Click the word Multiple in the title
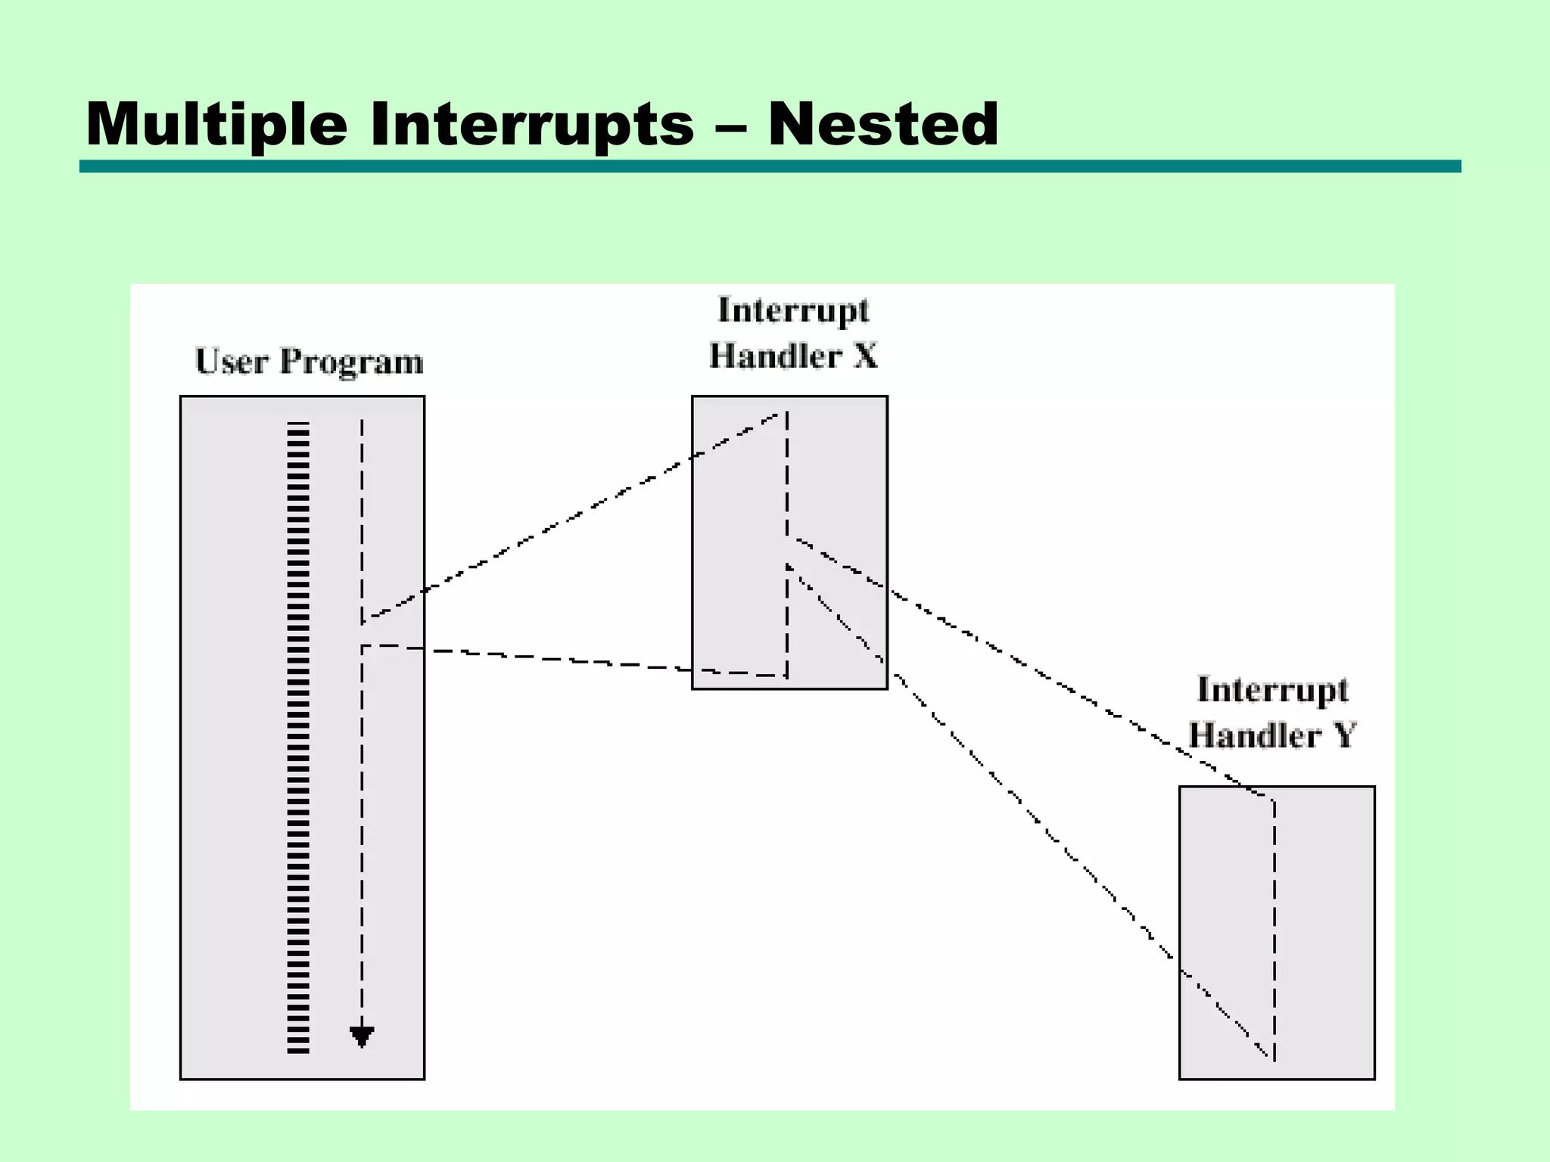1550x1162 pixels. point(216,125)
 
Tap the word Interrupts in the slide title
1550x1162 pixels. point(531,125)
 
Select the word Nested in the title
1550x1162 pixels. point(883,125)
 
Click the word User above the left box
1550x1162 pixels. point(232,362)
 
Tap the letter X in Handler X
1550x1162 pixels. point(866,356)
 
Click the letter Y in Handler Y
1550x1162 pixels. point(1344,735)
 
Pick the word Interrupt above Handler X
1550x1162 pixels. point(793,311)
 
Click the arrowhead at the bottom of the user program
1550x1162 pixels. point(362,1036)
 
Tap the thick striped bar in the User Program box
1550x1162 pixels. point(298,738)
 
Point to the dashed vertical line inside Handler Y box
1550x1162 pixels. point(1275,931)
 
